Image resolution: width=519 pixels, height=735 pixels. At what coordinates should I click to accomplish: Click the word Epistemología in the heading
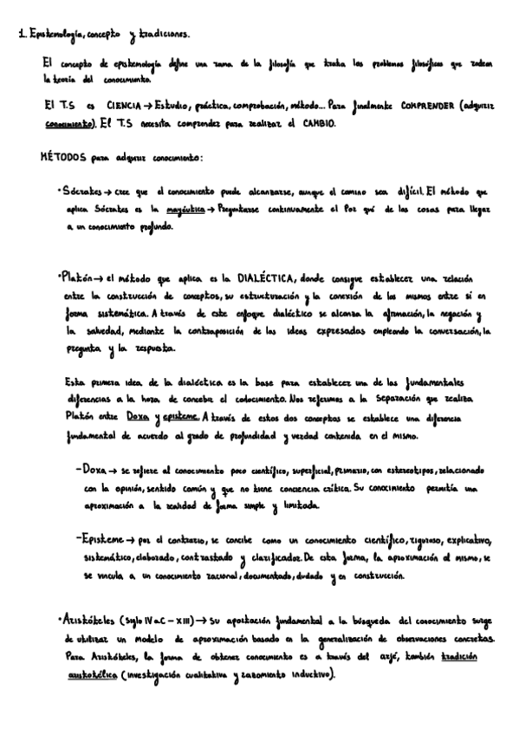[54, 35]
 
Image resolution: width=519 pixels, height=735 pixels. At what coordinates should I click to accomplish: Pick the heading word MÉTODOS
[64, 159]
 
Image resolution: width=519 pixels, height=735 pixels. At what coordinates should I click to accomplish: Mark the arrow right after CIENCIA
[143, 104]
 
